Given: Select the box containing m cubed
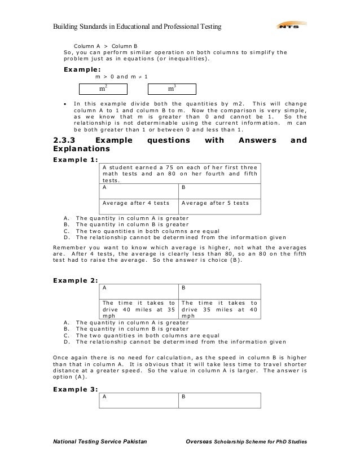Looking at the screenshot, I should (x=172, y=88).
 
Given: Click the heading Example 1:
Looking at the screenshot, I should (x=75, y=160).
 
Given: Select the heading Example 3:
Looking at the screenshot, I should (x=75, y=389).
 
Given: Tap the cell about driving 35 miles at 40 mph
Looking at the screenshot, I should (x=219, y=309).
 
